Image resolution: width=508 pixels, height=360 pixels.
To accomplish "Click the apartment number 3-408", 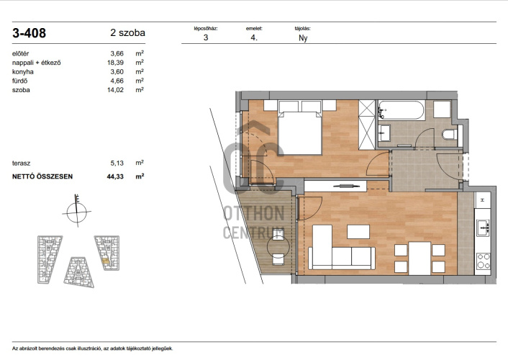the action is tap(30, 33).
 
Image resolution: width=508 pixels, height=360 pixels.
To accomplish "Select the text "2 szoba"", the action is tap(127, 32).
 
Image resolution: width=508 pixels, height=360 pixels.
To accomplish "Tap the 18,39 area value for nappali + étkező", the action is tap(116, 63).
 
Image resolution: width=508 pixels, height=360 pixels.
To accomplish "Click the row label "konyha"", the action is tap(23, 72).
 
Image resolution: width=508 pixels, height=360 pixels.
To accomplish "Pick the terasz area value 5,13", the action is tap(117, 163).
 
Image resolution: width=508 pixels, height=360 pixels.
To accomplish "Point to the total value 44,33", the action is tap(115, 176).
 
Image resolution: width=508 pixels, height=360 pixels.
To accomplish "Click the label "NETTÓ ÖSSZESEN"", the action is tap(42, 176).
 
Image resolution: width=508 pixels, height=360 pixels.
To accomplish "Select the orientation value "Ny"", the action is tap(303, 38).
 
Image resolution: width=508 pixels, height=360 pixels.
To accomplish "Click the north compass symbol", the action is tap(77, 212).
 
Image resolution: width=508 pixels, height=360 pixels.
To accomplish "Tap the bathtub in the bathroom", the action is tap(402, 110).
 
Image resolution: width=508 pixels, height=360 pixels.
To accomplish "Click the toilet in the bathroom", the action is tap(450, 134).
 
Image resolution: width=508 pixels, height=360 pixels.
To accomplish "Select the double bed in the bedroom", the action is tap(300, 133).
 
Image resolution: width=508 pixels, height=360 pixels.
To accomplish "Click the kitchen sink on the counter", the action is tap(483, 228).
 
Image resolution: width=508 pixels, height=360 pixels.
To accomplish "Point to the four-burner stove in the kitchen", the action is tap(483, 261).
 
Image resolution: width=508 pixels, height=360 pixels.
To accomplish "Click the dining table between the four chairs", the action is tap(420, 258).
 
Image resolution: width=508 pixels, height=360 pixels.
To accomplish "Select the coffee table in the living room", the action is tap(358, 232).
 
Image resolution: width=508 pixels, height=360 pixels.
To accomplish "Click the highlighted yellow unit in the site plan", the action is tap(106, 260).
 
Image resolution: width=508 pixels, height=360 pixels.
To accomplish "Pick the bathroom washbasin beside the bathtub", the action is tap(384, 134).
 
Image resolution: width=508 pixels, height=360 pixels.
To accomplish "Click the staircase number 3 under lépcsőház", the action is tap(206, 37).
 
